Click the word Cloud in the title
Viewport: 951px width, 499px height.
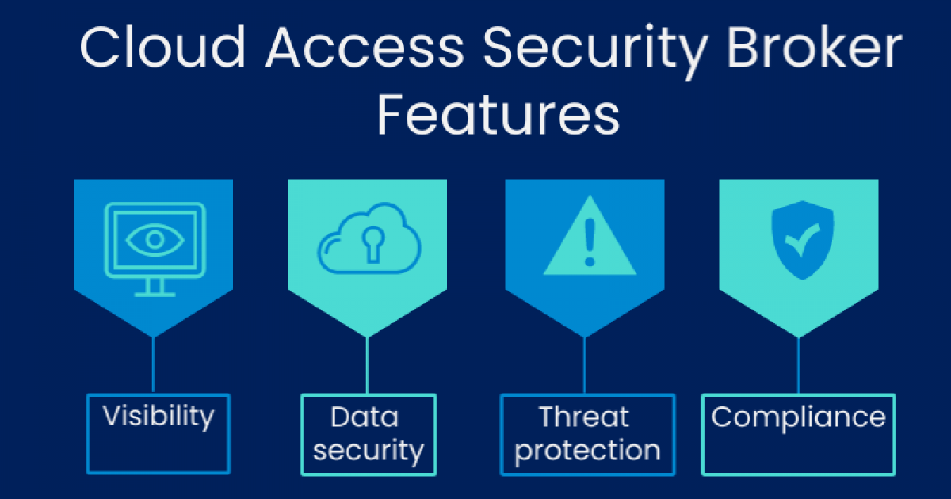162,47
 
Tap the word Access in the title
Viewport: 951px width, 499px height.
365,48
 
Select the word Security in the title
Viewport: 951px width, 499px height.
596,51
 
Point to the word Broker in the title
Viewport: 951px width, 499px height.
815,47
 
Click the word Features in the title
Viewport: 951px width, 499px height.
498,115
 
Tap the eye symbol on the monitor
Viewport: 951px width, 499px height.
155,240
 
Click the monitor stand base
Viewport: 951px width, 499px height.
155,294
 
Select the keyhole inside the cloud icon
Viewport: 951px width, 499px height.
373,245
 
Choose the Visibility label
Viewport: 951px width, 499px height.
158,417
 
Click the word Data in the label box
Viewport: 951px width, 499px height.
365,417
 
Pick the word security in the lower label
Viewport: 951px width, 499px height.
369,451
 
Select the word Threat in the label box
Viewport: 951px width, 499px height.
583,417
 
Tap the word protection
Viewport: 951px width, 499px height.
587,451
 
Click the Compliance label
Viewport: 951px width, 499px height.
799,418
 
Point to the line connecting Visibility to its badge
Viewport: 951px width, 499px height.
153,365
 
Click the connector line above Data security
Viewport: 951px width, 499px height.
367,365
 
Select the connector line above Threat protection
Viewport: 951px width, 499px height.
585,365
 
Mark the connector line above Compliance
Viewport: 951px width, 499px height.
799,365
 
